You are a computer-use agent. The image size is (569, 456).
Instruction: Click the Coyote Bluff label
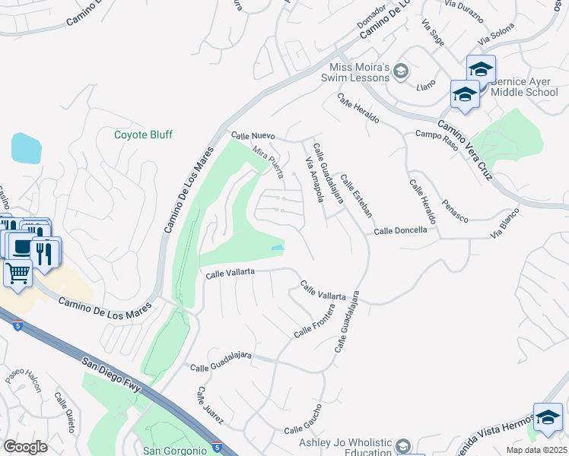click(x=143, y=135)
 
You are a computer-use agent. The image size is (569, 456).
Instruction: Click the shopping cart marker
click(x=17, y=272)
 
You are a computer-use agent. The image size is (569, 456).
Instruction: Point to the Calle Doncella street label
click(x=400, y=230)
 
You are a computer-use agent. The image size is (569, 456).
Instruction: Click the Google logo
click(x=25, y=447)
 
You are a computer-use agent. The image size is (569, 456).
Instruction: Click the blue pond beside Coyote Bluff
click(x=26, y=147)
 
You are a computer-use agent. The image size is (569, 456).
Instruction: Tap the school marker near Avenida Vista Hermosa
click(x=547, y=417)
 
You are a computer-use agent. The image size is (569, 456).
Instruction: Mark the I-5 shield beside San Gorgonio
click(x=217, y=448)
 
